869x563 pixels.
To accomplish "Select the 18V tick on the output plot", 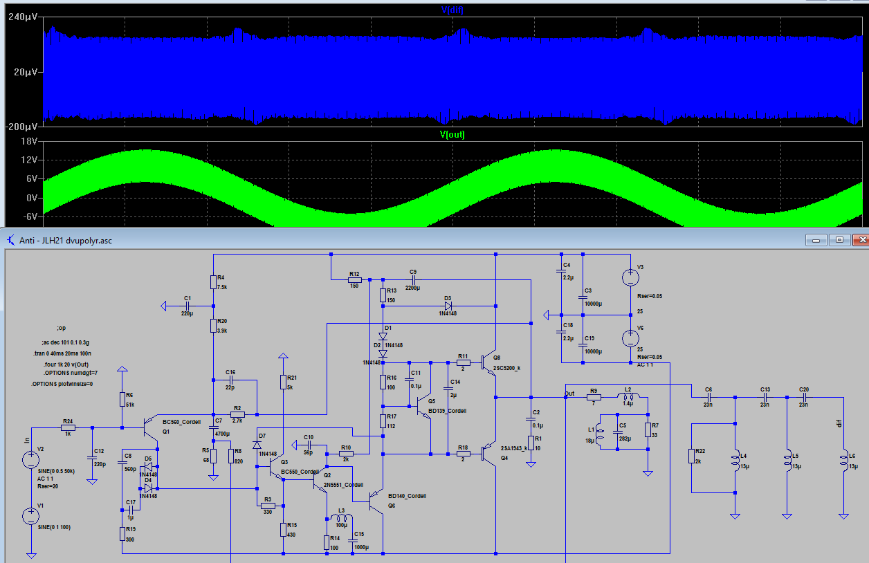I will [28, 141].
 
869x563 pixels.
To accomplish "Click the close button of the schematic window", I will [860, 239].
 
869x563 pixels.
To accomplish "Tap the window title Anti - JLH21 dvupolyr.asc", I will [66, 241].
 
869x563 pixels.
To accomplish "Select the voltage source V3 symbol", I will [630, 278].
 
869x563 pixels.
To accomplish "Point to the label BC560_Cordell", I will [182, 422].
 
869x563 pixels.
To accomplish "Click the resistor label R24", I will [68, 421].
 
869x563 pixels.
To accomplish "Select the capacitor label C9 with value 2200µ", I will [413, 272].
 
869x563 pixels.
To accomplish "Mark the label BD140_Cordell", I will [407, 496].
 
